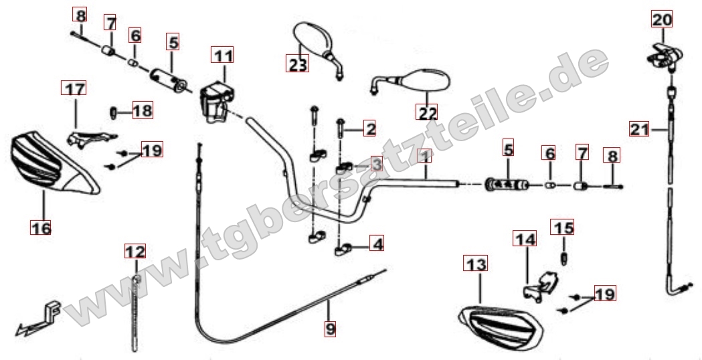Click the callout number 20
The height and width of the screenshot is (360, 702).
click(x=662, y=19)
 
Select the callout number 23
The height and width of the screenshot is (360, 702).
click(x=297, y=64)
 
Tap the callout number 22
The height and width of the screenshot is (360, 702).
click(x=427, y=112)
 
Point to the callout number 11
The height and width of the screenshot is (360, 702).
click(x=222, y=56)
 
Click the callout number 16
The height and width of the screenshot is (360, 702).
click(x=41, y=228)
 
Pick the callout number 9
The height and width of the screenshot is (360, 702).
click(x=330, y=329)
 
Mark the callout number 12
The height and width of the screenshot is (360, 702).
click(x=135, y=251)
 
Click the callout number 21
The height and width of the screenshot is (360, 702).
click(x=639, y=129)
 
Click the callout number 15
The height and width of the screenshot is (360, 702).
click(x=562, y=228)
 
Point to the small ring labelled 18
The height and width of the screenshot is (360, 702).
click(x=113, y=111)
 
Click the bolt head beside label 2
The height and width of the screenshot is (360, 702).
click(x=340, y=122)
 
